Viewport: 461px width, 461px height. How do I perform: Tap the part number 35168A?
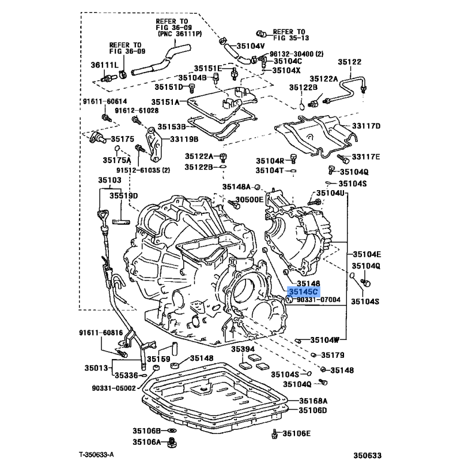click(x=312, y=400)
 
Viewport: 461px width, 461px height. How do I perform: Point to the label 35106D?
click(x=312, y=410)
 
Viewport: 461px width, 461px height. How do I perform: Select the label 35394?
click(x=243, y=349)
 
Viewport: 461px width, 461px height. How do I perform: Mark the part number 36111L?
click(x=104, y=65)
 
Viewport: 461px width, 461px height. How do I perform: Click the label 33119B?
click(x=184, y=139)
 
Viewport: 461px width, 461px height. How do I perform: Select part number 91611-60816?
click(x=101, y=333)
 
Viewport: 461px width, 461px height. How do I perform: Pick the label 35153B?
click(x=172, y=126)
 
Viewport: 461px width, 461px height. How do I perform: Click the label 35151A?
click(x=165, y=102)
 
